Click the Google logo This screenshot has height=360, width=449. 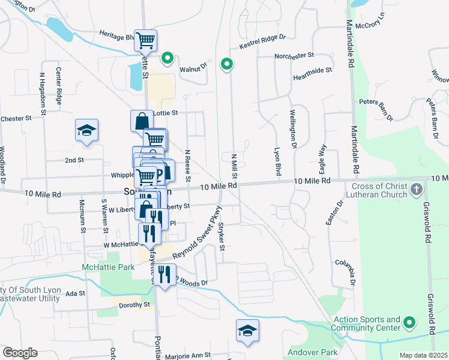(20, 353)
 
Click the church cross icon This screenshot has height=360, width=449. (417, 190)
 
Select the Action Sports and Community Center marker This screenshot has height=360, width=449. (410, 323)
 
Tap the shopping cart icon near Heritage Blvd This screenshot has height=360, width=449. (145, 41)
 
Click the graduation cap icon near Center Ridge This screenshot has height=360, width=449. (86, 130)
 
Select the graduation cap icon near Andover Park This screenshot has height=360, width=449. (247, 331)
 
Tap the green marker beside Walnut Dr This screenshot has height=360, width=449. (167, 59)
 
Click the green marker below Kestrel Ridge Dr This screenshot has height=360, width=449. (227, 64)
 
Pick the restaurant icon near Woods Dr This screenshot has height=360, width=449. (164, 274)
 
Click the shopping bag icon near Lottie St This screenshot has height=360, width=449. (141, 120)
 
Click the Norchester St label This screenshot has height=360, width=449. (294, 56)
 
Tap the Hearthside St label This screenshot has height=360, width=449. (312, 70)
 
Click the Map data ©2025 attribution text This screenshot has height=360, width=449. (423, 355)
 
